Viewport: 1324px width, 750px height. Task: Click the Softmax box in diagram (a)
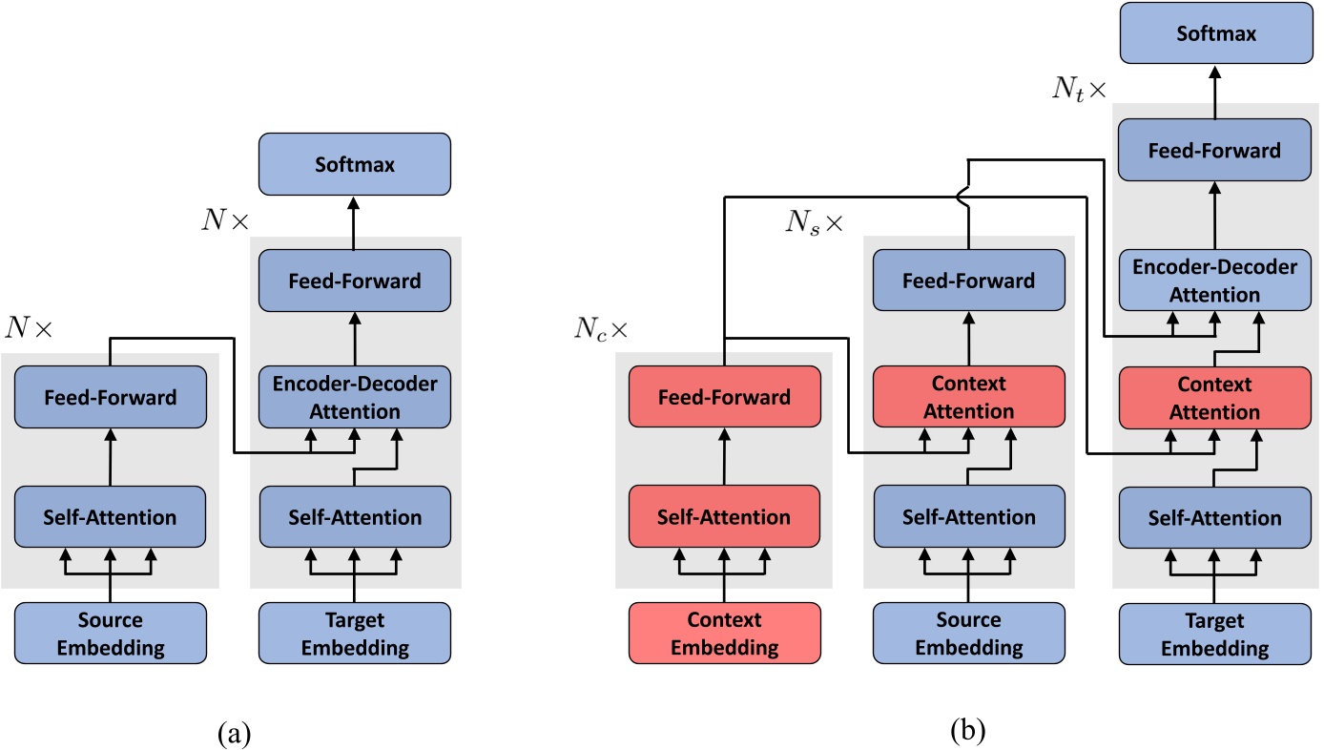[355, 164]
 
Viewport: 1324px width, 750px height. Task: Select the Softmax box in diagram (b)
[1214, 33]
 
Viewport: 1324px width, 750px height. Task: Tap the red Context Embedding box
[724, 634]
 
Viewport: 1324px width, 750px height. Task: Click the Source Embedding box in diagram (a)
[110, 634]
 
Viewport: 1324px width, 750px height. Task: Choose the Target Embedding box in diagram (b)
[1214, 634]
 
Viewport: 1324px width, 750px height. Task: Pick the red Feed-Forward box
[724, 396]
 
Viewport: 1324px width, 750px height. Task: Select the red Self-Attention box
[724, 517]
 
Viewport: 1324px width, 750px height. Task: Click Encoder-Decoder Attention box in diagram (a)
[355, 396]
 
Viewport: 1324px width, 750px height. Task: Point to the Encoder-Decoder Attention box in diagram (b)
[1214, 281]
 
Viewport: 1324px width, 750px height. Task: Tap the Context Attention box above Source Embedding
[969, 396]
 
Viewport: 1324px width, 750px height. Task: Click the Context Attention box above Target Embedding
[1214, 396]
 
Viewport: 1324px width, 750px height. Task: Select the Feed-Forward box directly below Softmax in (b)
[1214, 150]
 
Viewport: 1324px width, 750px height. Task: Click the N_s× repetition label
[814, 223]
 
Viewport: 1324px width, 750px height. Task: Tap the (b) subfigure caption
[969, 732]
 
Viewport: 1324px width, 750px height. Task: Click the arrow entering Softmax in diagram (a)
[355, 219]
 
